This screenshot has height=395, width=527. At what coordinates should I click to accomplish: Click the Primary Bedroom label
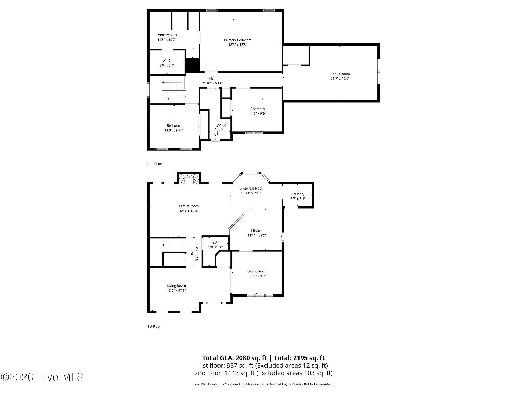click(x=238, y=40)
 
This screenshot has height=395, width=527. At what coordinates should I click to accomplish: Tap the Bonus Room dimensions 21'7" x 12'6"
click(x=340, y=79)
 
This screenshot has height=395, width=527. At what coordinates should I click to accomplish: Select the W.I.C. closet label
click(x=167, y=61)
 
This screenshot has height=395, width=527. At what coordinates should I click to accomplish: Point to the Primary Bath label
click(x=167, y=35)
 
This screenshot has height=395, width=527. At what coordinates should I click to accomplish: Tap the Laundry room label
click(x=298, y=194)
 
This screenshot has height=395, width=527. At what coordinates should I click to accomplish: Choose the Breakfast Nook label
click(x=251, y=188)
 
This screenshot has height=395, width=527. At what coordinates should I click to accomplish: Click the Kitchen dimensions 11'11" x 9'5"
click(x=257, y=235)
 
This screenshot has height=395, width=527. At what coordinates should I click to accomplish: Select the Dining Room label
click(x=257, y=271)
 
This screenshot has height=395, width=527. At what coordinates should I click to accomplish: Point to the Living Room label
click(x=176, y=286)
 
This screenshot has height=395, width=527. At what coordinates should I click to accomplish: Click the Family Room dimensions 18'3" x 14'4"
click(x=189, y=211)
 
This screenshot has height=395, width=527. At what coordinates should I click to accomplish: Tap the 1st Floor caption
click(x=154, y=326)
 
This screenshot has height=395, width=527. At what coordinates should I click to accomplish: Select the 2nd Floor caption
click(x=155, y=164)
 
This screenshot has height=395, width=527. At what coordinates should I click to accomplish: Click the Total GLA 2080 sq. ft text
click(x=235, y=358)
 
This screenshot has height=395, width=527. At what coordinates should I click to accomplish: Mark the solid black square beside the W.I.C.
click(x=193, y=65)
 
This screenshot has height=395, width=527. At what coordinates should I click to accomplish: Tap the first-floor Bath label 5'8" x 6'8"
click(x=216, y=245)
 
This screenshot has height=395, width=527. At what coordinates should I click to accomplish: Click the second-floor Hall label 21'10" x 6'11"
click(x=212, y=81)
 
